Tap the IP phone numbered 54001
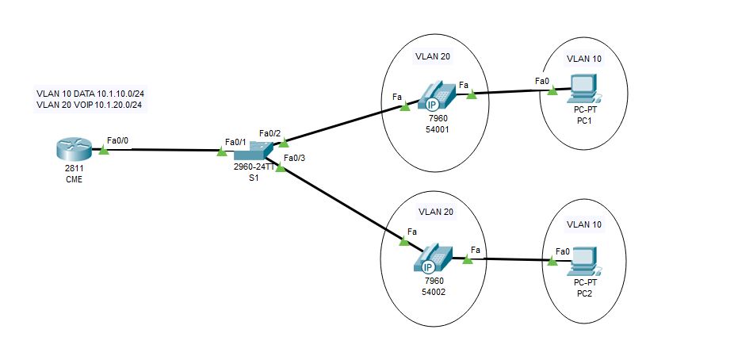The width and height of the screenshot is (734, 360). (434, 97)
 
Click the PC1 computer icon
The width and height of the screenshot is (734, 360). (583, 88)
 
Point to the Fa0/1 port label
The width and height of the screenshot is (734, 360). (236, 141)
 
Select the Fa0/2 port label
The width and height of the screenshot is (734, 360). (270, 132)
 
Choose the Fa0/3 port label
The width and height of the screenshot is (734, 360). (294, 159)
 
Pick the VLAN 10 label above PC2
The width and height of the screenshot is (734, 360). (584, 225)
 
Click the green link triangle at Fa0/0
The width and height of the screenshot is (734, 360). (103, 148)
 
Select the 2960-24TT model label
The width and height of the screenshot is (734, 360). (254, 167)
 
